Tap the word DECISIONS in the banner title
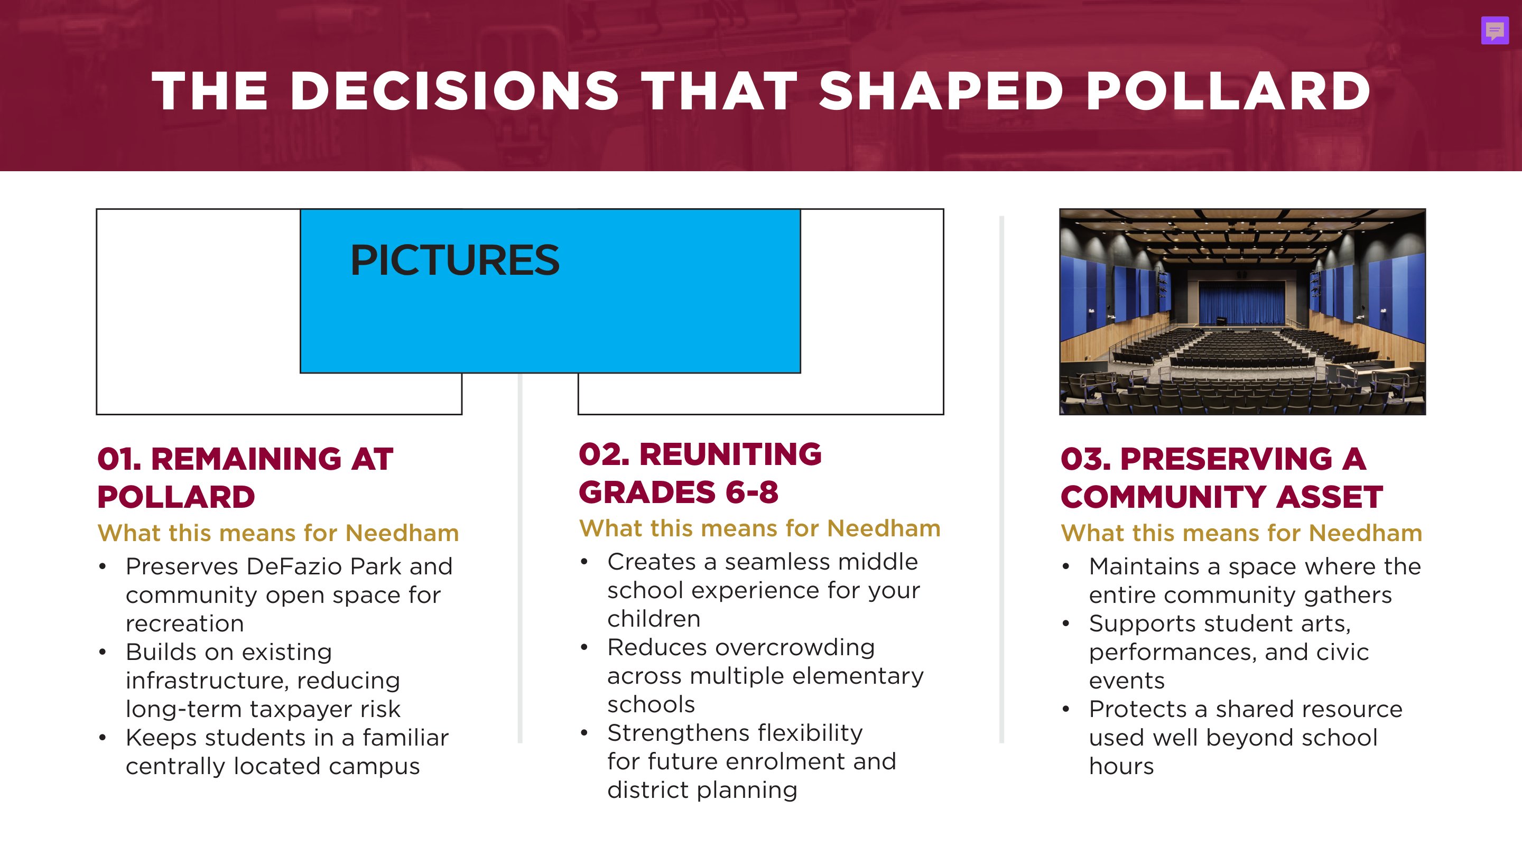[x=454, y=91]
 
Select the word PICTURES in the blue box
[x=454, y=260]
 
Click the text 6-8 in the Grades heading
[x=751, y=492]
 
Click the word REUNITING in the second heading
[x=730, y=454]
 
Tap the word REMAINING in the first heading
[x=246, y=459]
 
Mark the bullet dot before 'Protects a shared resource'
[x=1066, y=710]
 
